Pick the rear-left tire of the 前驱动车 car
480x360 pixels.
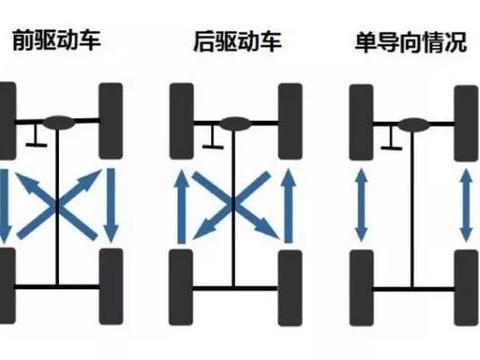click(x=8, y=283)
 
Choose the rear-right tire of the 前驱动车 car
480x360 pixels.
click(x=110, y=283)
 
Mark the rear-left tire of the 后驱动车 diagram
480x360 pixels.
click(x=182, y=283)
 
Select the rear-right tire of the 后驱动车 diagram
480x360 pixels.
click(x=290, y=283)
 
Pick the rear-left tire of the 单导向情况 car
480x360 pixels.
click(x=360, y=283)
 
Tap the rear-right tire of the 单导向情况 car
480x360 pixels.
click(x=464, y=283)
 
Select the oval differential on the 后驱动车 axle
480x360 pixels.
click(x=235, y=123)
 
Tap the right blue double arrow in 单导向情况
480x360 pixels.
click(x=464, y=205)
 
